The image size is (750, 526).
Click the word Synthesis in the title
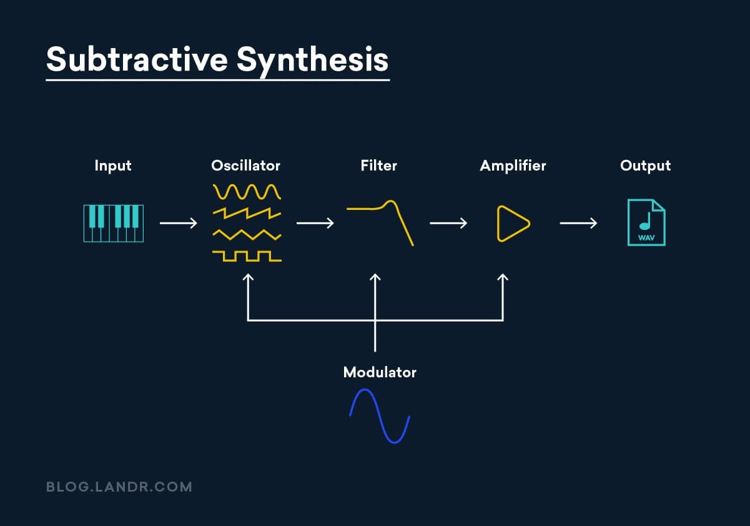312,59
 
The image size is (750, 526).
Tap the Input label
113,166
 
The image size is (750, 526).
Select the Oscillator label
245,166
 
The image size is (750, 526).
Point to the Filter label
378,166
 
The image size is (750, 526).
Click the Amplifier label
513,166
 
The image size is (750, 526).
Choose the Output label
645,166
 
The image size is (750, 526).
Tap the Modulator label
380,372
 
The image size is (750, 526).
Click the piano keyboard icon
114,223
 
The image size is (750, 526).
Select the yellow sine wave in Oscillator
247,191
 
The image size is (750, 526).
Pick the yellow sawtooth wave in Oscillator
247,213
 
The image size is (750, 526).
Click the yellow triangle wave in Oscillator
247,235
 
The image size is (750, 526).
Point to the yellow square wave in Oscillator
247,256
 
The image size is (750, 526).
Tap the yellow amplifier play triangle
513,223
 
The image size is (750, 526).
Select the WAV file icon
646,222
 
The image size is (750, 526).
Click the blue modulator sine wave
379,416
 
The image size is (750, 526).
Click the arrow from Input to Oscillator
179,223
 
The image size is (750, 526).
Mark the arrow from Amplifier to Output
578,223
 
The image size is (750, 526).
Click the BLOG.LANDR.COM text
119,487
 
